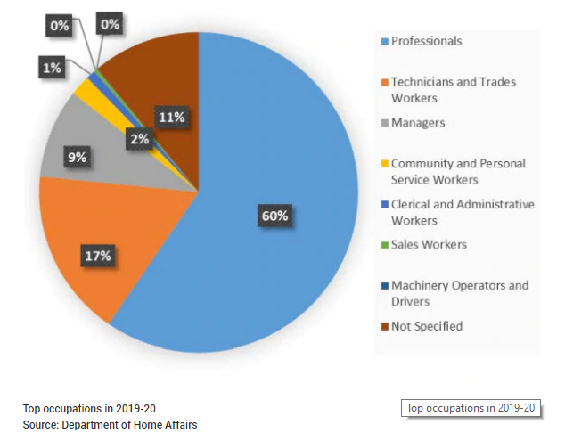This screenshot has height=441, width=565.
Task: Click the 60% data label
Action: (x=274, y=216)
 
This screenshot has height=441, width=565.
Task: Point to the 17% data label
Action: (x=98, y=256)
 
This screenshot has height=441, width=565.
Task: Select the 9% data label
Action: (x=77, y=158)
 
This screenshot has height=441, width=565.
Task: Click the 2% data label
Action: (x=138, y=138)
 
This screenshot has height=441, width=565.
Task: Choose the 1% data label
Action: (x=51, y=67)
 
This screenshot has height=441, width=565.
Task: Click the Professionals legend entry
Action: (x=426, y=41)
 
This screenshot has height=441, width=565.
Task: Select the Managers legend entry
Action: (x=417, y=122)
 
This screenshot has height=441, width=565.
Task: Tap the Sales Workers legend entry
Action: (x=429, y=244)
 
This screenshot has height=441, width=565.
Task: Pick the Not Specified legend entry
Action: (x=427, y=326)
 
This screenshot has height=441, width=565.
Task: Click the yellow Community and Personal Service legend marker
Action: (x=384, y=164)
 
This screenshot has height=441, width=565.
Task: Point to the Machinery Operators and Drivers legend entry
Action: (x=460, y=293)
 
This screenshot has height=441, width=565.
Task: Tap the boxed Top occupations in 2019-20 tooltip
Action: (x=471, y=408)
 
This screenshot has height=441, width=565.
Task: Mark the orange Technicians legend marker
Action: (x=384, y=82)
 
